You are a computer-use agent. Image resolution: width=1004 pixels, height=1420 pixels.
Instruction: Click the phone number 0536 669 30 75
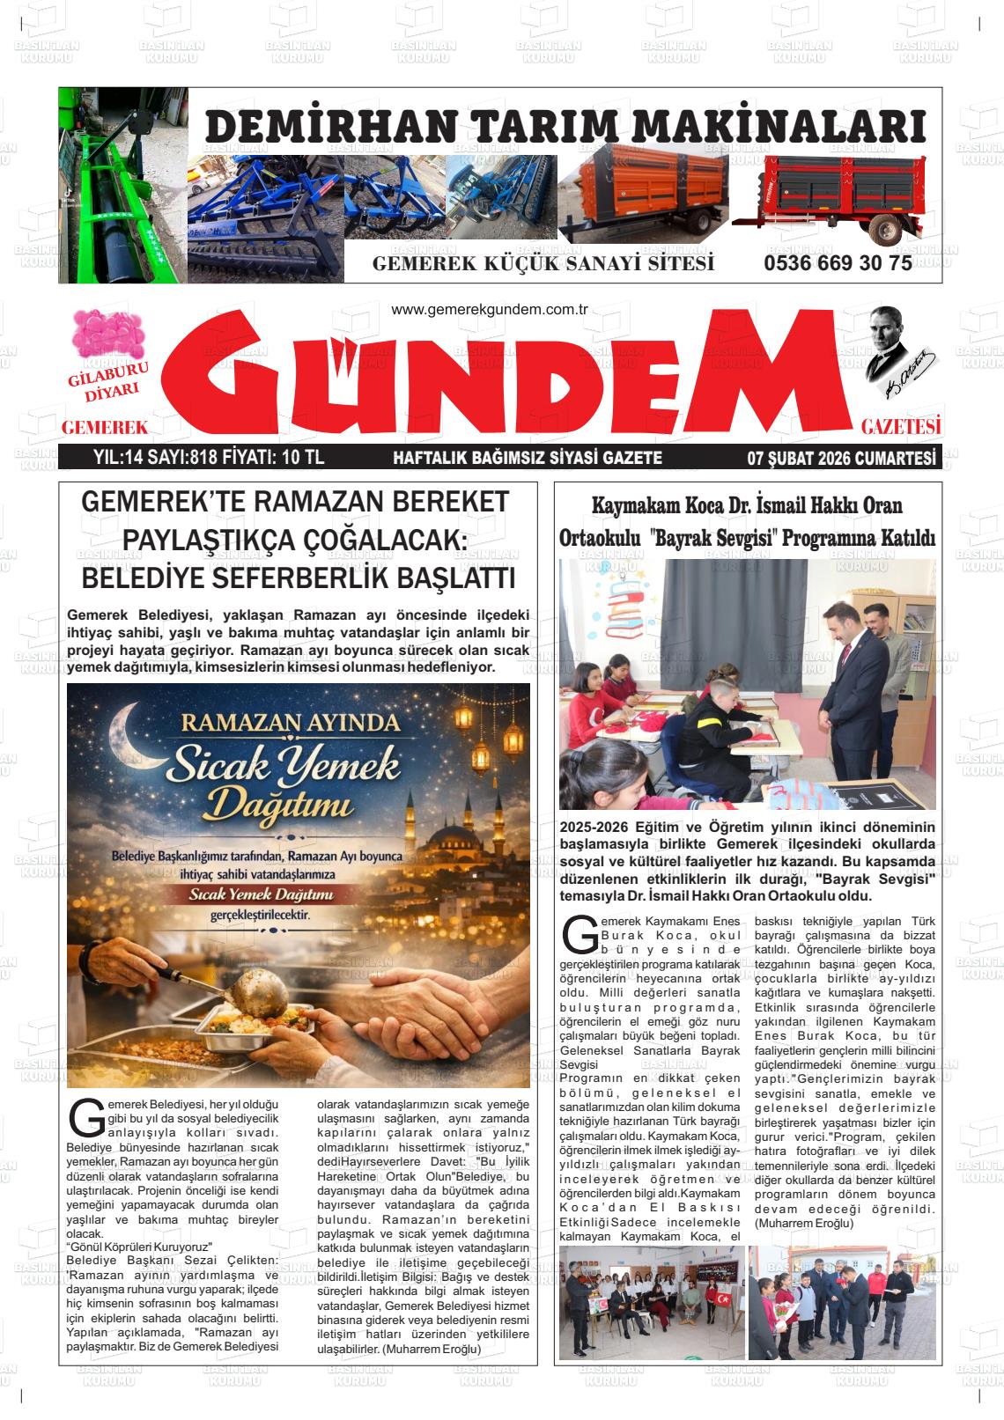coord(838,263)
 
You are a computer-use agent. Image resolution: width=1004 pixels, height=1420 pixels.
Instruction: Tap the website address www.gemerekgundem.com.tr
coord(489,310)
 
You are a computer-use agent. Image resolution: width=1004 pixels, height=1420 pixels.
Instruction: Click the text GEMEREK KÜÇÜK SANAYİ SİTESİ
coord(543,264)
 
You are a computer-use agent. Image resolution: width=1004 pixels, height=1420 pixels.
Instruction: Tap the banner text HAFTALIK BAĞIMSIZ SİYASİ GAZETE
coord(527,458)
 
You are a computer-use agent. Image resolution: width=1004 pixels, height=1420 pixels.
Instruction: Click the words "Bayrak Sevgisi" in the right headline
coord(718,537)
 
